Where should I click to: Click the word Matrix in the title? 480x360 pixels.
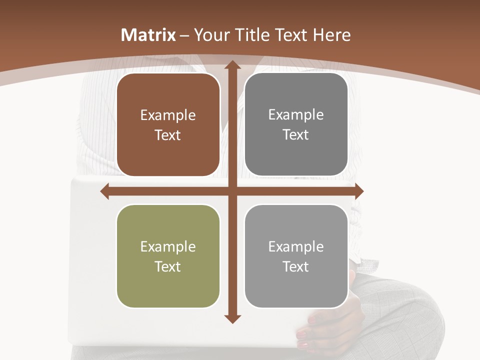coord(148,35)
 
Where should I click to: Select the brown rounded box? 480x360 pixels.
coord(168,125)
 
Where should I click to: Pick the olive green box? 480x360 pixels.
coord(168,256)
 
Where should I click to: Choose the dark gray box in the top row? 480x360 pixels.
coord(296,125)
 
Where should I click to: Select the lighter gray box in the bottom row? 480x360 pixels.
coord(296,256)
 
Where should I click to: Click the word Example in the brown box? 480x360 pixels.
coord(168,115)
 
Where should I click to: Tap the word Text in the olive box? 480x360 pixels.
coord(168,266)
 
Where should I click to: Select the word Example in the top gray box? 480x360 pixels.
coord(296,115)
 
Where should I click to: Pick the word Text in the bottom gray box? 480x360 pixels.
coord(296,266)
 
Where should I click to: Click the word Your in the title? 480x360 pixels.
coord(210,35)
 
